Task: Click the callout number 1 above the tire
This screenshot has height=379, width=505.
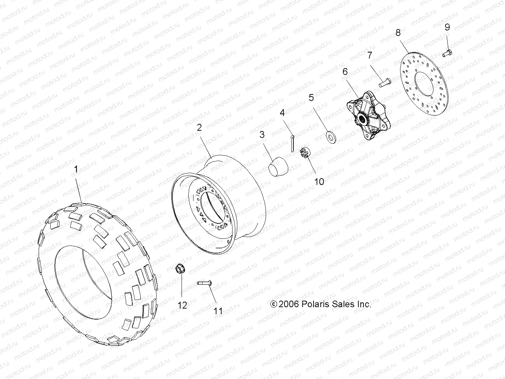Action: [x=76, y=169]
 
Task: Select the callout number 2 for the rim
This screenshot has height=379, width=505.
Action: [x=199, y=128]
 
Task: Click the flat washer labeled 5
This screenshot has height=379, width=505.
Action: [x=330, y=137]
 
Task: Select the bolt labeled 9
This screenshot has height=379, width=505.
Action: [x=447, y=53]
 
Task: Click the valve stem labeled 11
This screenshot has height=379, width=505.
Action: [x=204, y=283]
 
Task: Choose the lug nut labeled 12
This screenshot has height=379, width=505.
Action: [x=180, y=269]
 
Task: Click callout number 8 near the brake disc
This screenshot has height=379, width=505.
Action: [x=398, y=33]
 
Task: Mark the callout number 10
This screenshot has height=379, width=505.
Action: [x=319, y=181]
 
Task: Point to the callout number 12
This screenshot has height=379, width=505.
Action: [x=182, y=305]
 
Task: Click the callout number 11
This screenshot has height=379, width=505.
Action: [x=218, y=311]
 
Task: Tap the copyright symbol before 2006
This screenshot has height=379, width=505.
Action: [x=274, y=304]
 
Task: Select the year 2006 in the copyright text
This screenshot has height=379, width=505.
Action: [x=289, y=304]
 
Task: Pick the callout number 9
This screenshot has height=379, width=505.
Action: [x=447, y=27]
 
